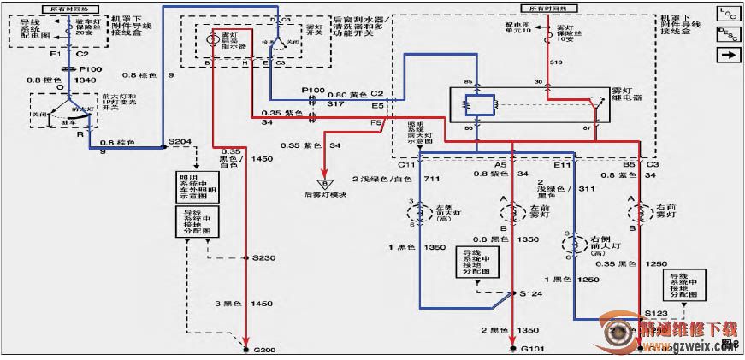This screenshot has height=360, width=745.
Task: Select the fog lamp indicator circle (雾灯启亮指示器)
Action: tap(213, 38)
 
